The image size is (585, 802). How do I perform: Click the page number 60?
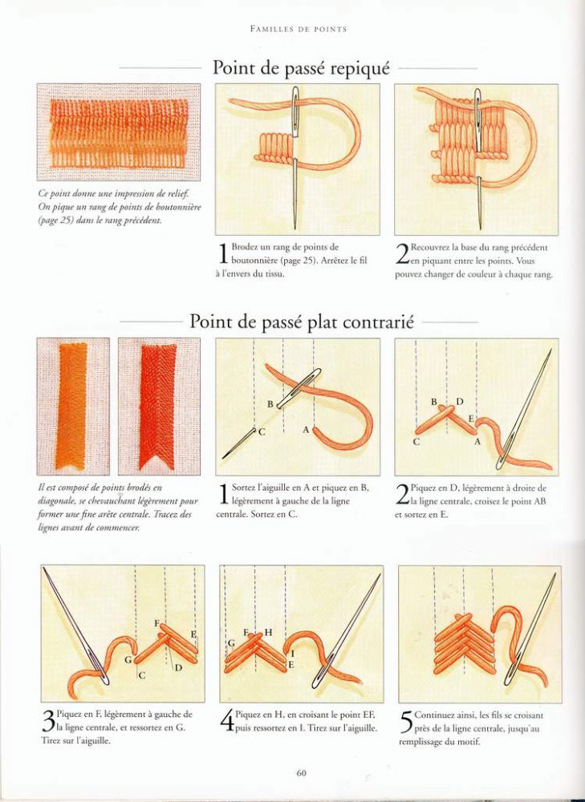(301, 772)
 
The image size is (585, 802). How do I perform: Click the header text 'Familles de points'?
(299, 29)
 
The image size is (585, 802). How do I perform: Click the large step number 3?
(48, 721)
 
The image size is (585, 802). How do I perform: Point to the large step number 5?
(406, 722)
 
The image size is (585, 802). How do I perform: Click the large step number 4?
(227, 721)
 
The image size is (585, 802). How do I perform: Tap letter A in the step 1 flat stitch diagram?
(306, 430)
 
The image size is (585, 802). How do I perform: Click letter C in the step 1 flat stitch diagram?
(262, 432)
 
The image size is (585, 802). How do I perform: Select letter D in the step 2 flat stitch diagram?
(460, 402)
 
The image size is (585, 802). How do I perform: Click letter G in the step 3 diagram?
(128, 660)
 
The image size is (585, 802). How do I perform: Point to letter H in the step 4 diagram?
(269, 633)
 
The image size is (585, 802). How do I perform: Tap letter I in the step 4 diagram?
(292, 653)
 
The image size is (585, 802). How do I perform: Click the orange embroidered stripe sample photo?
(73, 406)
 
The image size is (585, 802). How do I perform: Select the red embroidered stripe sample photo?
(159, 406)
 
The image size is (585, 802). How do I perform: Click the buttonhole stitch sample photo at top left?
(118, 132)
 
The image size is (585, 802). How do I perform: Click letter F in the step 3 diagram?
(157, 623)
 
